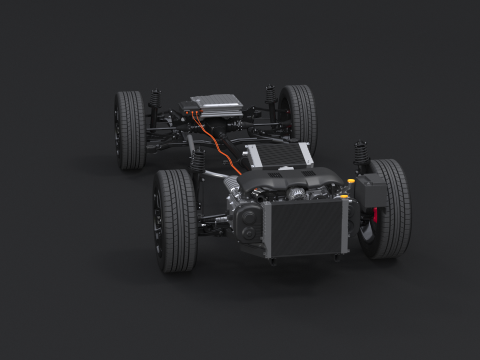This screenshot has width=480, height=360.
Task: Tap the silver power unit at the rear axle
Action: (217, 102)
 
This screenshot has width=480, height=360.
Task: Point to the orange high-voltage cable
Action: (208, 141)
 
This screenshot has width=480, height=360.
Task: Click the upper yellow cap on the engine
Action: (346, 183)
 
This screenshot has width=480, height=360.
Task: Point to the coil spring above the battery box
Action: (360, 155)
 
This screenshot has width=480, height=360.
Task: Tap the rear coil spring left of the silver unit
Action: (155, 102)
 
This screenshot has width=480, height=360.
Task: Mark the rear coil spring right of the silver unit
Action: (269, 95)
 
